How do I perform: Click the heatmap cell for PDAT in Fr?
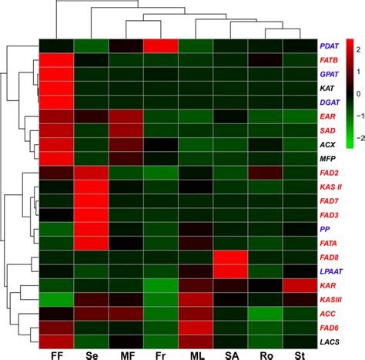[161, 46]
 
